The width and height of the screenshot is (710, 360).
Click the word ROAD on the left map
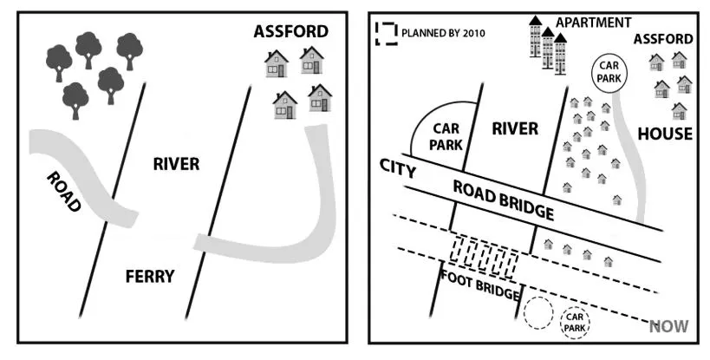[65, 192]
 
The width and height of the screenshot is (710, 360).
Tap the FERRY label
[150, 277]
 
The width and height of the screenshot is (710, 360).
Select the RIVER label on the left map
[176, 163]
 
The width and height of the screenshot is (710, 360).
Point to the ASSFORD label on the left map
[291, 32]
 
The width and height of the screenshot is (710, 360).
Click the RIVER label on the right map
[515, 128]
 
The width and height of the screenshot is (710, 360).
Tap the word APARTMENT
[594, 23]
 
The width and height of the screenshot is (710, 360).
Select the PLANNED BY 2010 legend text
[443, 34]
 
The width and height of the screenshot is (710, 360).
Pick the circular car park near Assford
[609, 71]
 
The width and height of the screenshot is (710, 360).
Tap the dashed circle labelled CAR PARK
[575, 323]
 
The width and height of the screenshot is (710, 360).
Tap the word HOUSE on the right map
[665, 134]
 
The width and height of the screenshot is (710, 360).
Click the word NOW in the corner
[669, 326]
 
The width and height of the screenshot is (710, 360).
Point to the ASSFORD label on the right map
[663, 39]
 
